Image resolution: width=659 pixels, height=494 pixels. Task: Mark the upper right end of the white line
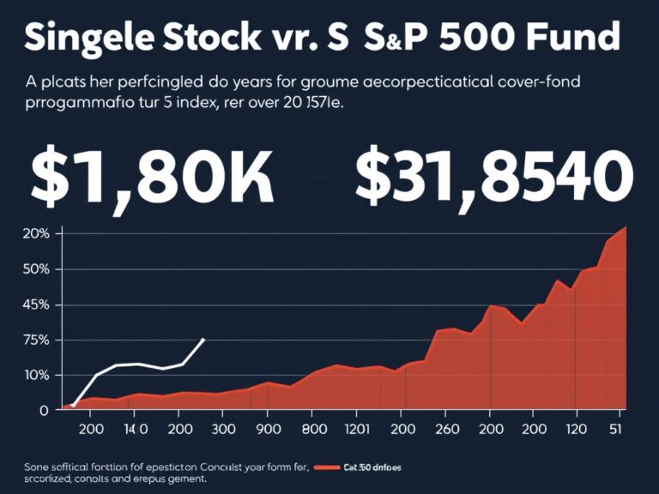pyautogui.click(x=203, y=339)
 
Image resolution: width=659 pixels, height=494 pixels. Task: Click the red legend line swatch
pyautogui.click(x=328, y=468)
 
